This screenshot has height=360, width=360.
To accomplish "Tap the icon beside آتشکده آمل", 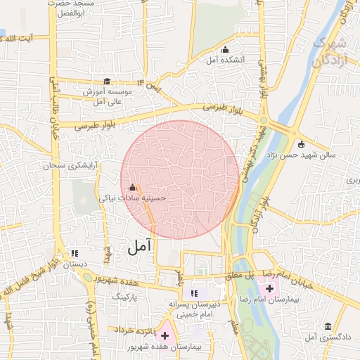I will click(225, 49).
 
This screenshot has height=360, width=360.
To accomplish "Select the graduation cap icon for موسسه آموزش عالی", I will click(107, 82).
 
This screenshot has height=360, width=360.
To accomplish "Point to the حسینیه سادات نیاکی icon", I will click(133, 187).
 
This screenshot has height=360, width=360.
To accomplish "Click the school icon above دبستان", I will click(75, 253).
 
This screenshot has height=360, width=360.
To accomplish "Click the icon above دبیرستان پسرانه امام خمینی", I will click(195, 293).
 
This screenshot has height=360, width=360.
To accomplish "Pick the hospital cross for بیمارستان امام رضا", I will click(269, 288).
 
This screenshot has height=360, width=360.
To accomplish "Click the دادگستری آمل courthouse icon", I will click(328, 326).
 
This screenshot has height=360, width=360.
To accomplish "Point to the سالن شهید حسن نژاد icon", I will click(302, 145).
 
